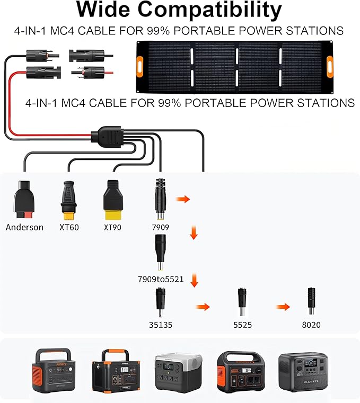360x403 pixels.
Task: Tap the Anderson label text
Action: (x=24, y=227)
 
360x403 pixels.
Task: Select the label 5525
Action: (x=241, y=325)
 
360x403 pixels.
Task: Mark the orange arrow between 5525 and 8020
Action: (x=283, y=307)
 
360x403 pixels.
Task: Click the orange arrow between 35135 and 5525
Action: (x=203, y=307)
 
